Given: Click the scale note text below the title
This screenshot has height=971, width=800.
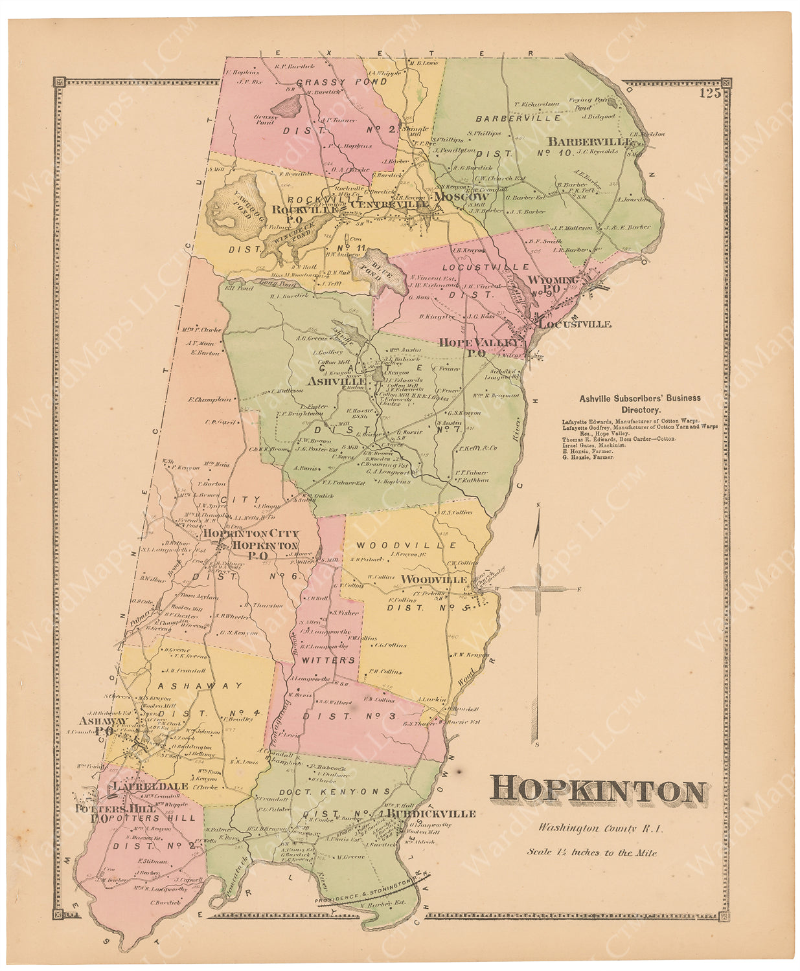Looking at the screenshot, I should point(591,852).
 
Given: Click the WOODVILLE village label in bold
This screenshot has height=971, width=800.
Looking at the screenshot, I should point(434,579).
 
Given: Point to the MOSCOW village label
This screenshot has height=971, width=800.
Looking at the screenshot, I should point(461,196).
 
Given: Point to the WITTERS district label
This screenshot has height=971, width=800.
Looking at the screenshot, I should point(327,660).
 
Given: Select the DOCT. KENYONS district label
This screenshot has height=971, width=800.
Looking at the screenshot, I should point(345,791).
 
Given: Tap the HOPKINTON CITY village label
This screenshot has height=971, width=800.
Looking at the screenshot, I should point(251,533).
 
